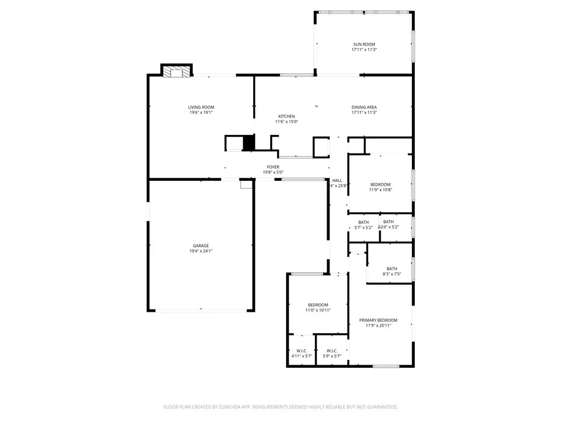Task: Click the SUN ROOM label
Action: (364, 44)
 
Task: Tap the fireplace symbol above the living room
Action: (176, 71)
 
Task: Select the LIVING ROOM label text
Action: (201, 107)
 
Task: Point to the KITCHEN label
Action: (287, 116)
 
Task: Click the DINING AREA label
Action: (364, 107)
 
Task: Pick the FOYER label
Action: (273, 167)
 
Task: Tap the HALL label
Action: (337, 180)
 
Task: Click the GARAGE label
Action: (201, 246)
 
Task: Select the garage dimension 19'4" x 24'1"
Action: (201, 251)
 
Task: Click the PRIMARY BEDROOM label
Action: (378, 320)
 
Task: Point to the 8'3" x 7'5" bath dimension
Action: (392, 274)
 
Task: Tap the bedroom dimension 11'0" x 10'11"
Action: (318, 310)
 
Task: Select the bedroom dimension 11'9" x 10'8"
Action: (380, 190)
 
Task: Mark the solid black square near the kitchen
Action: (249, 143)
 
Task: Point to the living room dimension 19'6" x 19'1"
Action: (201, 112)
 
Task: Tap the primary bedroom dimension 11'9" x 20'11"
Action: (378, 326)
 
